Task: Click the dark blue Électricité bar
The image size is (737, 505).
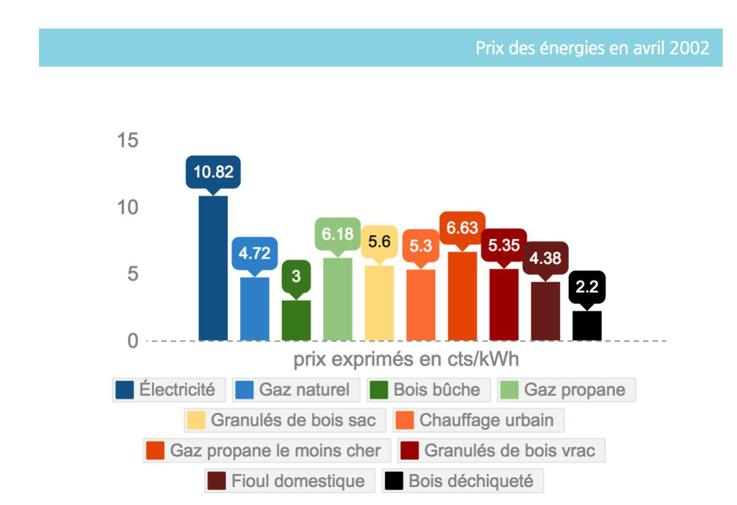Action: pyautogui.click(x=213, y=268)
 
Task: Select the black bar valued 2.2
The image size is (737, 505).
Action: pyautogui.click(x=587, y=326)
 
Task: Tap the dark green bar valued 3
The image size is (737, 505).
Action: pyautogui.click(x=296, y=320)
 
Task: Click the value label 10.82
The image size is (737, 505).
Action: pyautogui.click(x=213, y=172)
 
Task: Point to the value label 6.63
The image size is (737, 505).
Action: pyautogui.click(x=462, y=228)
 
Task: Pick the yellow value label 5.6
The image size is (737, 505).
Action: pyautogui.click(x=379, y=241)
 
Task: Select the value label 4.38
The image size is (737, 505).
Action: pyautogui.click(x=545, y=257)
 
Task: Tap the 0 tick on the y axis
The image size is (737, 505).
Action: pyautogui.click(x=132, y=341)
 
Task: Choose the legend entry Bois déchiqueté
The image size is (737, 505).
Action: pyautogui.click(x=462, y=481)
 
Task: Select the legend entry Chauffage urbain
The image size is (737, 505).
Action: pyautogui.click(x=478, y=420)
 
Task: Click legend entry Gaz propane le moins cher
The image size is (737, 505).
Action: pyautogui.click(x=267, y=450)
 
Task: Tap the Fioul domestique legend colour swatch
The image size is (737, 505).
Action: pyautogui.click(x=217, y=481)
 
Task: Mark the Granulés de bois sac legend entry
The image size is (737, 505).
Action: pyautogui.click(x=285, y=420)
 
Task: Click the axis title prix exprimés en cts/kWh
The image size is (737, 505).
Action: pyautogui.click(x=406, y=360)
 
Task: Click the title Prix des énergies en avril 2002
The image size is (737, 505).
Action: pyautogui.click(x=592, y=48)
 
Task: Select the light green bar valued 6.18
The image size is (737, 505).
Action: pyautogui.click(x=337, y=299)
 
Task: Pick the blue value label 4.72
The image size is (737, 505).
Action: pyautogui.click(x=254, y=253)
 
